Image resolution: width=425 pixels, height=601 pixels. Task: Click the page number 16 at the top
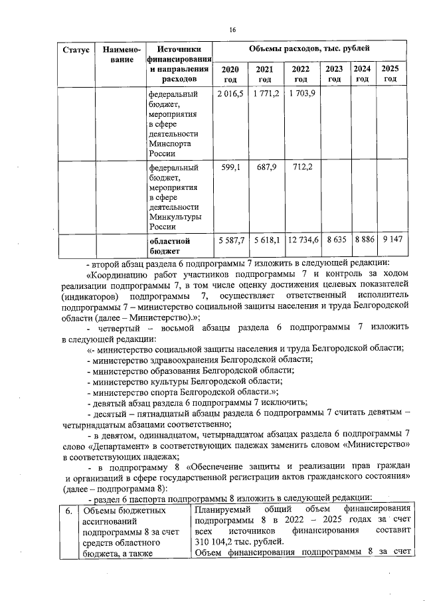coord(233,30)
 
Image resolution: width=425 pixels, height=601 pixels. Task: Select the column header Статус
coord(75,50)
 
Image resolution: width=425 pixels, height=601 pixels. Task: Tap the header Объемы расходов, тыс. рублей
coord(309,49)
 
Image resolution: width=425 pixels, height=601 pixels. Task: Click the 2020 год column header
coord(230,74)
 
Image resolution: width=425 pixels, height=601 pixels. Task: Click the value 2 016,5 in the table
coord(230,93)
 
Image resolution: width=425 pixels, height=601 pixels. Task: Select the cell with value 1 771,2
coord(266,93)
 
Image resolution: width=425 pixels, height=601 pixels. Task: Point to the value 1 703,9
coord(301,93)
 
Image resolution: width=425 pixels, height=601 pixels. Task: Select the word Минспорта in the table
coord(171,142)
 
